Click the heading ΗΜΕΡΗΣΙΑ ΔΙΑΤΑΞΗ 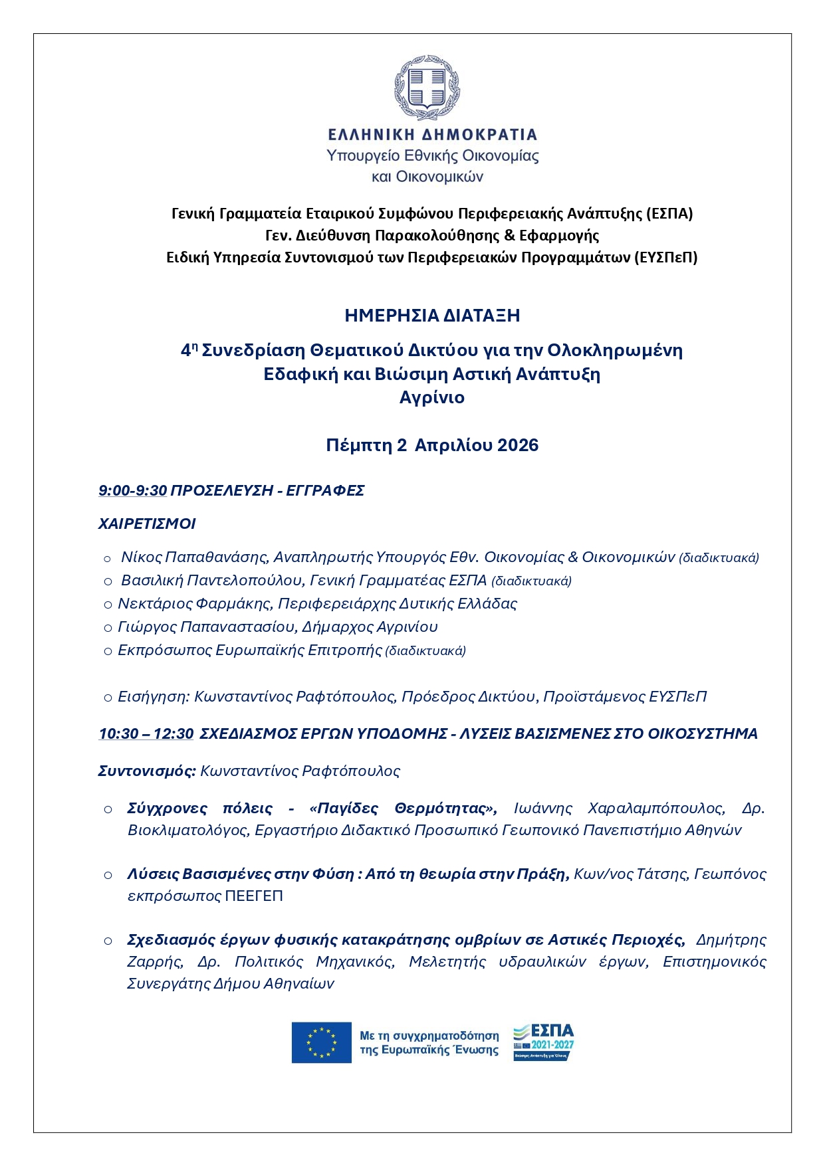click(432, 316)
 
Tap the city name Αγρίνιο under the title click(432, 397)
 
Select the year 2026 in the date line click(518, 445)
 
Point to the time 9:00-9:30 click(132, 491)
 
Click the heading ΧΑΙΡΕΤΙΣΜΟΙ click(147, 524)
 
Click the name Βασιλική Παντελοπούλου click(211, 580)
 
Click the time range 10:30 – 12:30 click(146, 733)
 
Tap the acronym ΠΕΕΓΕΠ click(254, 896)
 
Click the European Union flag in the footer click(321, 1042)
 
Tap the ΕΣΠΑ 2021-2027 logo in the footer click(543, 1041)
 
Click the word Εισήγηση click(154, 696)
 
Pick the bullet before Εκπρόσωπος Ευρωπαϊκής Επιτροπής click(108, 651)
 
